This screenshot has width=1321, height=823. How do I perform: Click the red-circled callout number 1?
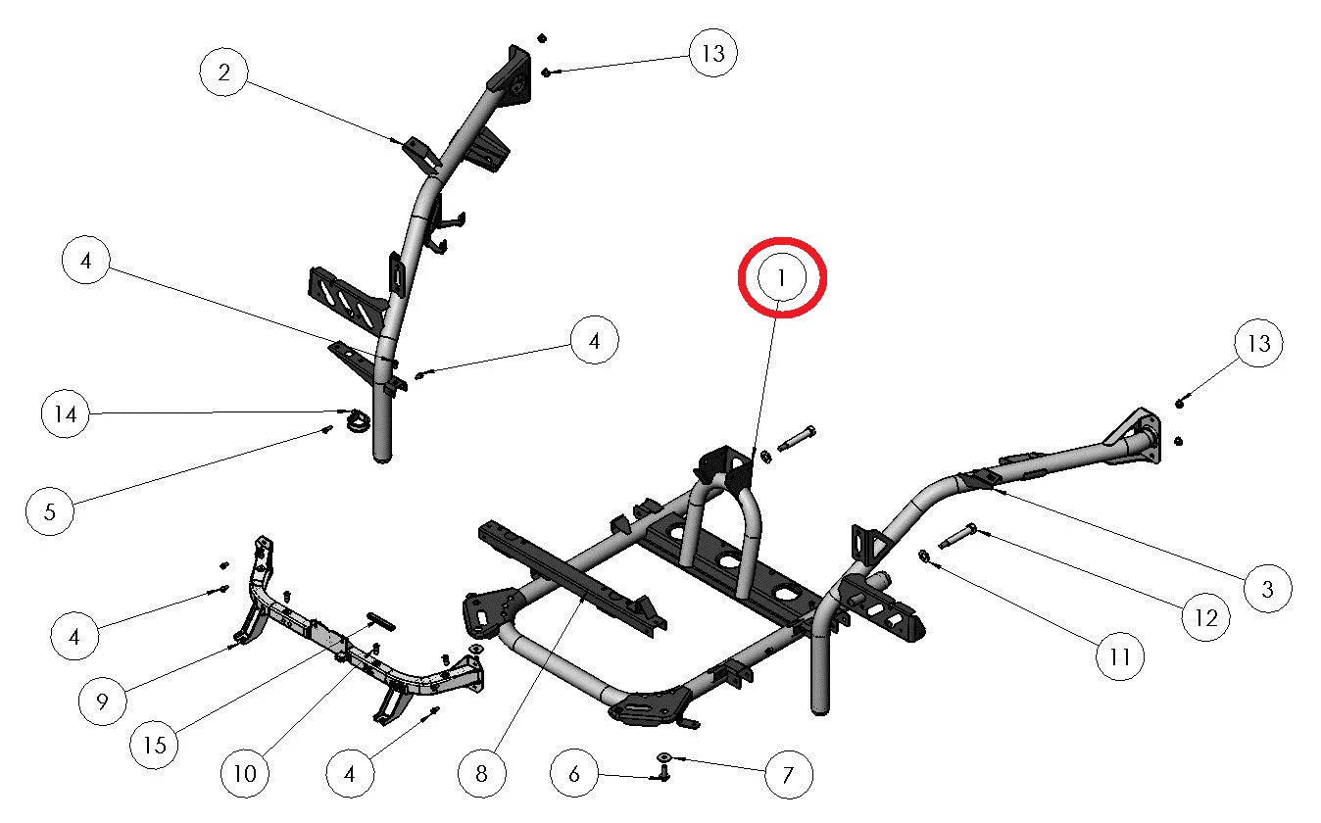tap(781, 277)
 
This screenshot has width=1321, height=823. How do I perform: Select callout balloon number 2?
tap(224, 72)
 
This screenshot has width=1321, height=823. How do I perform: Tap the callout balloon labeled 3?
tap(1268, 589)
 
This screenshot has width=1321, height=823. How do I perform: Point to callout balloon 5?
tap(50, 511)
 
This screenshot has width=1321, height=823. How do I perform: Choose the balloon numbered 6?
tap(574, 773)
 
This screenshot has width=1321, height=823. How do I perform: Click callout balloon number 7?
tap(789, 775)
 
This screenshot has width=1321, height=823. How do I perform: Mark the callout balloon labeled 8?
tap(482, 773)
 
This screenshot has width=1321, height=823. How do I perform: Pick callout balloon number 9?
tap(103, 701)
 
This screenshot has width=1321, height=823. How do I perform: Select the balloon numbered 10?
tap(245, 773)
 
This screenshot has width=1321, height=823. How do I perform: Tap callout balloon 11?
tap(1120, 656)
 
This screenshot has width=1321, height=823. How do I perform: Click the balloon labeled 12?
tap(1206, 617)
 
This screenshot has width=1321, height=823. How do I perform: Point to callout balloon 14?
tap(66, 413)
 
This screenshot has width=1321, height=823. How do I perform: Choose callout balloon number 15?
tap(155, 746)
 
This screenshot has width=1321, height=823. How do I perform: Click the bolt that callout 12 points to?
tap(957, 535)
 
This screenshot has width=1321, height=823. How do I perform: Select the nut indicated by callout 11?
tap(924, 556)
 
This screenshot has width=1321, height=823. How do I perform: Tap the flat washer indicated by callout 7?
tap(664, 756)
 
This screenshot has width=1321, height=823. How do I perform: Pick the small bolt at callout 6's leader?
tap(663, 772)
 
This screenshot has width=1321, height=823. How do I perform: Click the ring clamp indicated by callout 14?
tap(358, 420)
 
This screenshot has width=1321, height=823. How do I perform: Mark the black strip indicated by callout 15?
tap(381, 621)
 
